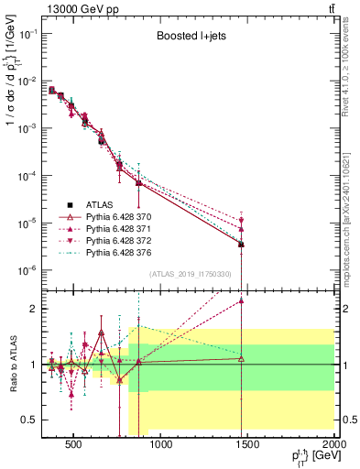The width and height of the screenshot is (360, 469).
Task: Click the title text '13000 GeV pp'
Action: coord(73,8)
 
